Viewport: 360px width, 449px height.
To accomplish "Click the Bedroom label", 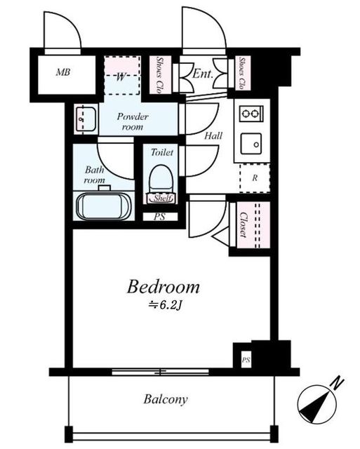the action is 163,287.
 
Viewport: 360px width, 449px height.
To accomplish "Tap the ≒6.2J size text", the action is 165,306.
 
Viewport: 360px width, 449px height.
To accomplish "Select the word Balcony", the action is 166,399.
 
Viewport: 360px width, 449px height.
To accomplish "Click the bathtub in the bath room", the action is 104,206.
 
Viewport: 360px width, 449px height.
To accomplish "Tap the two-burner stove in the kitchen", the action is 251,114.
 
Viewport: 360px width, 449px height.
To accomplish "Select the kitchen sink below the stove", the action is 251,144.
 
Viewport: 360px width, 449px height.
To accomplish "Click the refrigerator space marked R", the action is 255,178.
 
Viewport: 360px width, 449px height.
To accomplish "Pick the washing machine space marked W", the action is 121,75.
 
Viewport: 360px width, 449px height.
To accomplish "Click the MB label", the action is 63,72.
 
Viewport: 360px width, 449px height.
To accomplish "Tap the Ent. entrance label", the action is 203,74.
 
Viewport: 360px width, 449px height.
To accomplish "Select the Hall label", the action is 213,135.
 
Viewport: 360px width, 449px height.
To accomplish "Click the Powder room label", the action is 133,121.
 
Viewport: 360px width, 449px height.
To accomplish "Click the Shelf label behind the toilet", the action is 163,198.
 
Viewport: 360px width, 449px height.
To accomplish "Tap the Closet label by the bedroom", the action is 244,224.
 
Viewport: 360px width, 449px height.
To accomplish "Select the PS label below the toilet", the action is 159,217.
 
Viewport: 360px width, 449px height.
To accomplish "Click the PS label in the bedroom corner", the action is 246,360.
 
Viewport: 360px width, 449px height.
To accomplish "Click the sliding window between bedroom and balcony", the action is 160,373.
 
